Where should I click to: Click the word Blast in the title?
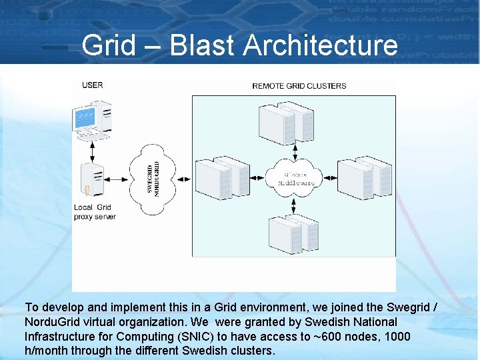point(203,46)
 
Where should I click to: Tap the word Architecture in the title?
point(321,46)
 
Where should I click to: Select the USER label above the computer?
point(93,85)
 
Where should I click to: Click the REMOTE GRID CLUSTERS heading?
point(299,85)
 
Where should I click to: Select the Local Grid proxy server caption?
point(95,212)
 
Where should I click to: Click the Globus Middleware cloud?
point(294,177)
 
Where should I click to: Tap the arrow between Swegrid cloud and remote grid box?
point(184,178)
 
